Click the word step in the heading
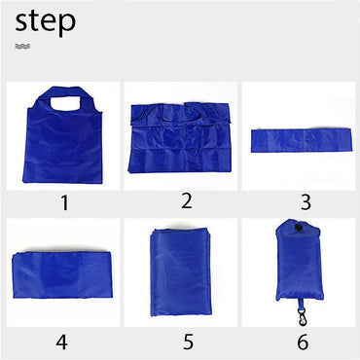click(x=45, y=21)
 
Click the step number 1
click(x=63, y=203)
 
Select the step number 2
click(x=186, y=201)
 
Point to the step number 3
click(x=305, y=203)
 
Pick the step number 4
click(x=61, y=342)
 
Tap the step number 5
click(x=187, y=342)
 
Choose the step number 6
click(x=303, y=342)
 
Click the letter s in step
click(x=23, y=23)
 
